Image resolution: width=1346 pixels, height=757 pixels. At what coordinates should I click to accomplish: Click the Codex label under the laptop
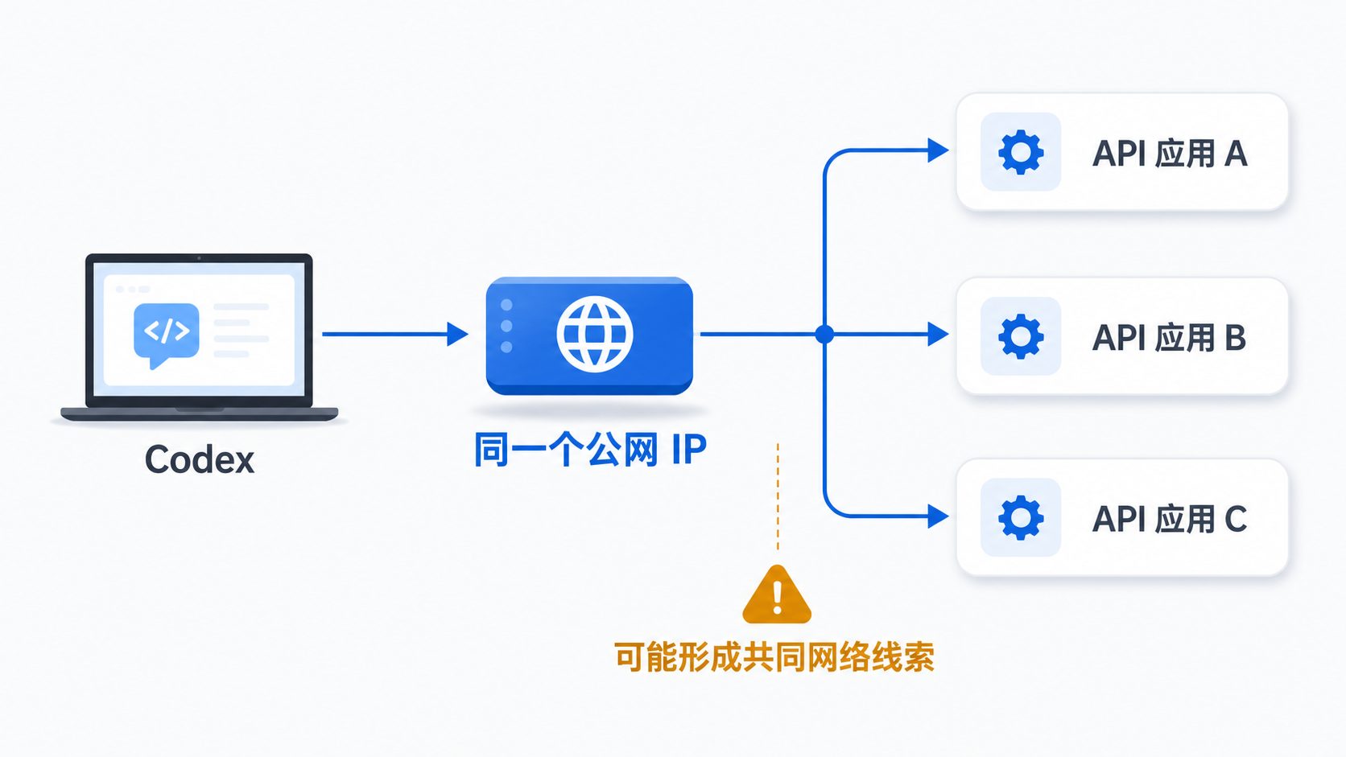click(200, 460)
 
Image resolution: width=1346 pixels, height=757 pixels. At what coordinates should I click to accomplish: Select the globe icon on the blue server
click(594, 335)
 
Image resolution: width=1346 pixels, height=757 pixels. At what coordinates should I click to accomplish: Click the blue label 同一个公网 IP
click(590, 449)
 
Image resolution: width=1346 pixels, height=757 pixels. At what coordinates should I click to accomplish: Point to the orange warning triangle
click(777, 595)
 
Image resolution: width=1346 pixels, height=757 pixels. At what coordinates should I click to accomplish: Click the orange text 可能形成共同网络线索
click(774, 656)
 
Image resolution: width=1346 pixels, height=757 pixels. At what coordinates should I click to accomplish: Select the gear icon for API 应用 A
click(1021, 152)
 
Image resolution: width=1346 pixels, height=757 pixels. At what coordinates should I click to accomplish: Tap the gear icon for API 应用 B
click(1021, 336)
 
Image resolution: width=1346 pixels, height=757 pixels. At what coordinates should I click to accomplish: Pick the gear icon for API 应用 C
click(1021, 517)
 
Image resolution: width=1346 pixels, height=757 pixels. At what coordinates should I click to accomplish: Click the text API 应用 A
click(1170, 154)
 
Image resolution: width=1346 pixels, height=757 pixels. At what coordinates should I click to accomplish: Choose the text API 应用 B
click(1170, 337)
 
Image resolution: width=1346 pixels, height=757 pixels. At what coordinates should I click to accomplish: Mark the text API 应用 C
click(1170, 519)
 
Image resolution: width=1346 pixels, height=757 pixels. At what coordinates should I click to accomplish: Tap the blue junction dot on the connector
click(824, 335)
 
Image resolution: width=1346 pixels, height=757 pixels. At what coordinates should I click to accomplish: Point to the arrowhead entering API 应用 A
click(938, 150)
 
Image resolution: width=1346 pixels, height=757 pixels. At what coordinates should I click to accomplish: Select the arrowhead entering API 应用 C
click(938, 516)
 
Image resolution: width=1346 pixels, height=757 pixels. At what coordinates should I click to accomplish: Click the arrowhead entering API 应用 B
click(938, 335)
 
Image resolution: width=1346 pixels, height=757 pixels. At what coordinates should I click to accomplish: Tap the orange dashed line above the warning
click(778, 496)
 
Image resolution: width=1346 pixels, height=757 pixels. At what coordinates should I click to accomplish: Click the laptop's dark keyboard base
click(200, 414)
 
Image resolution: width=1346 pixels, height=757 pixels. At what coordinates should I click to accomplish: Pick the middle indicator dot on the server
click(506, 326)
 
